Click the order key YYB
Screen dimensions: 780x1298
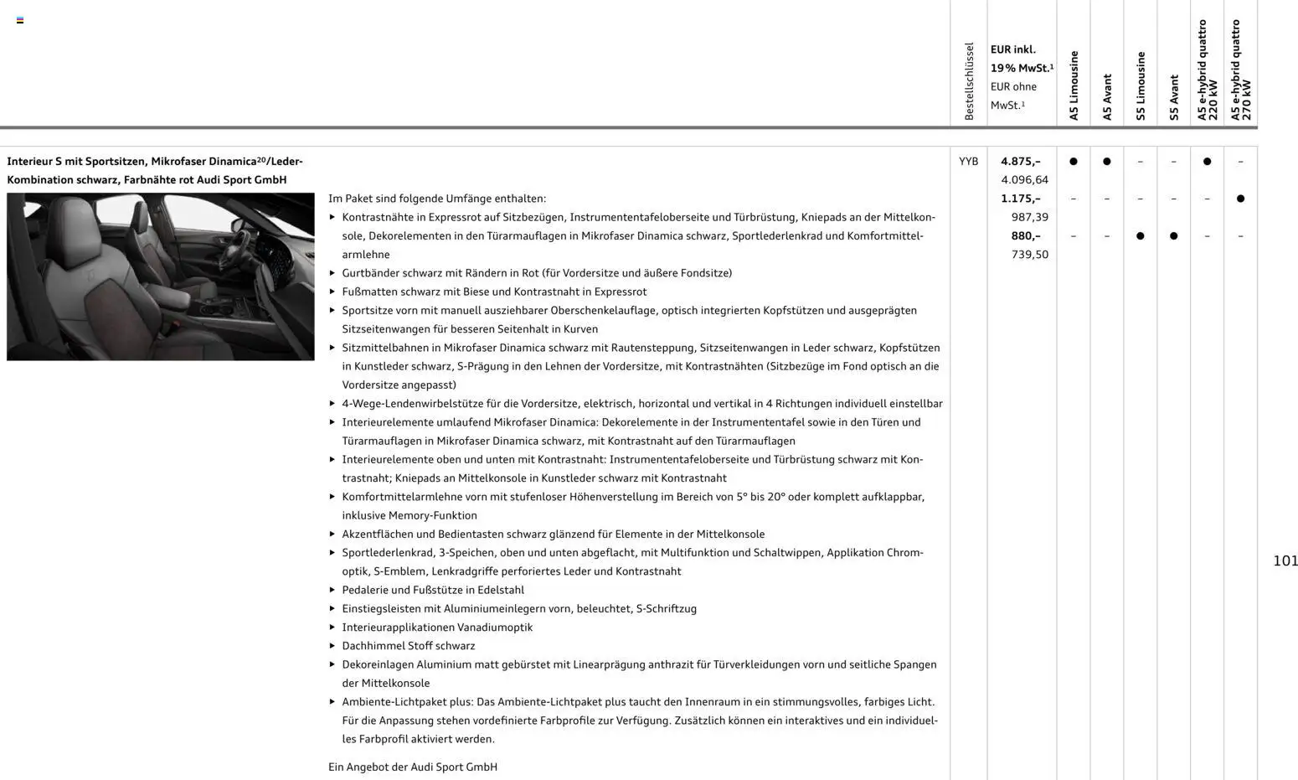point(968,162)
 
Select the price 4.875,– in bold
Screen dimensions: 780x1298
point(1020,162)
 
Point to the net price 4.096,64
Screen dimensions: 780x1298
point(1024,180)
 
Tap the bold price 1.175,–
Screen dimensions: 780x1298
point(1020,199)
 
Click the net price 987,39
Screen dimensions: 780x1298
point(1029,217)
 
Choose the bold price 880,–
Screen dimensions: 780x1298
point(1025,236)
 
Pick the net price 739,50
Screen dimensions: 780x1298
point(1029,255)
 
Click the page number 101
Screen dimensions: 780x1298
point(1285,561)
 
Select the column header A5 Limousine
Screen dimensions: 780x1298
point(1074,85)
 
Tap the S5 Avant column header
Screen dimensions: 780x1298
point(1174,97)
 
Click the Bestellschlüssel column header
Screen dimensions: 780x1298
point(969,81)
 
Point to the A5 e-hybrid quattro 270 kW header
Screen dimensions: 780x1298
point(1240,70)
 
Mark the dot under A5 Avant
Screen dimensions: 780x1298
point(1106,162)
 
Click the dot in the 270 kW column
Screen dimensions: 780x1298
point(1240,199)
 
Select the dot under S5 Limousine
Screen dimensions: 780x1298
point(1140,236)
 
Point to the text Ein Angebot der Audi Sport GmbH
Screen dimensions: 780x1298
point(412,767)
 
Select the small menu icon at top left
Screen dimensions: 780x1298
point(20,20)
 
